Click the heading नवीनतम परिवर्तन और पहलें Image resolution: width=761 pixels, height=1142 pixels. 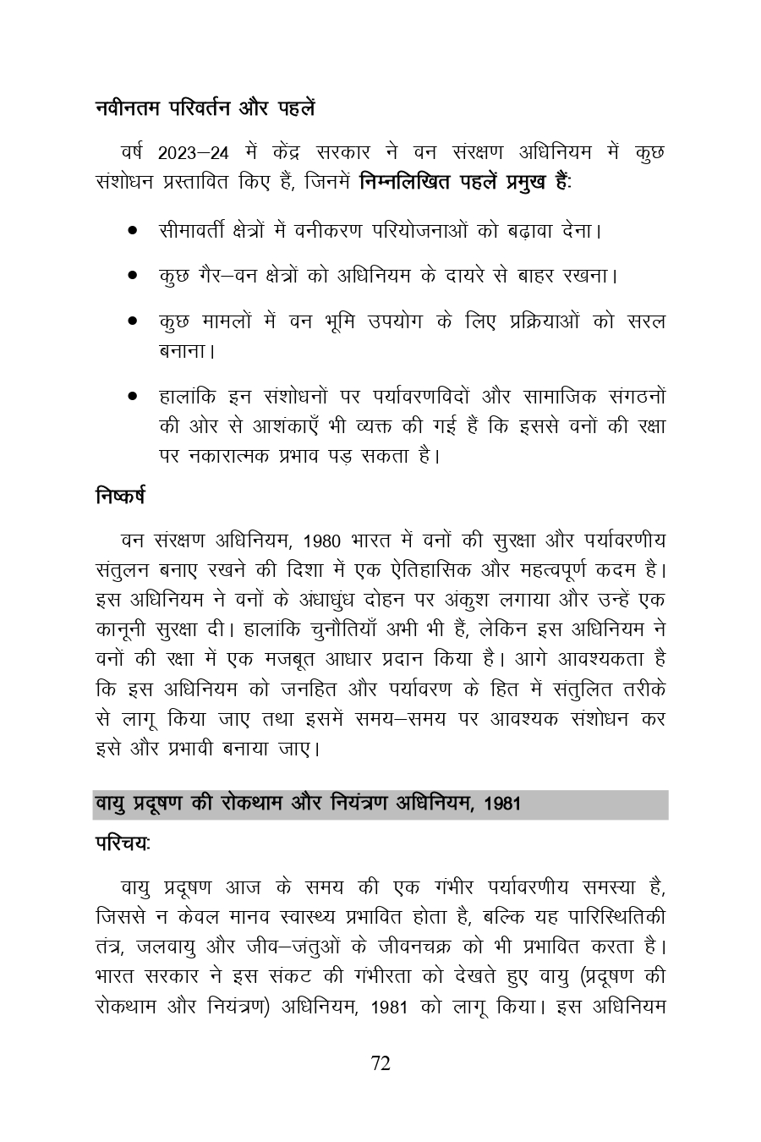205,108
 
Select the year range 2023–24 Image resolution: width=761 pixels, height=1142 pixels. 193,154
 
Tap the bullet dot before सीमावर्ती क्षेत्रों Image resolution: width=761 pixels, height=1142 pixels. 133,230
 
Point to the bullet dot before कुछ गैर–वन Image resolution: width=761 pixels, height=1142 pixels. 133,276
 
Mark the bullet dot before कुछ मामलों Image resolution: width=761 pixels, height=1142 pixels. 133,321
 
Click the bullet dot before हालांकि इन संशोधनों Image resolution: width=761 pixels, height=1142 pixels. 133,395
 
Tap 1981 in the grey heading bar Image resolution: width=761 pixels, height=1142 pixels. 504,804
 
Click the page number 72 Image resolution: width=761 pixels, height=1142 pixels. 380,1064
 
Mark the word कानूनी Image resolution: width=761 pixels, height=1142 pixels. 123,630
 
